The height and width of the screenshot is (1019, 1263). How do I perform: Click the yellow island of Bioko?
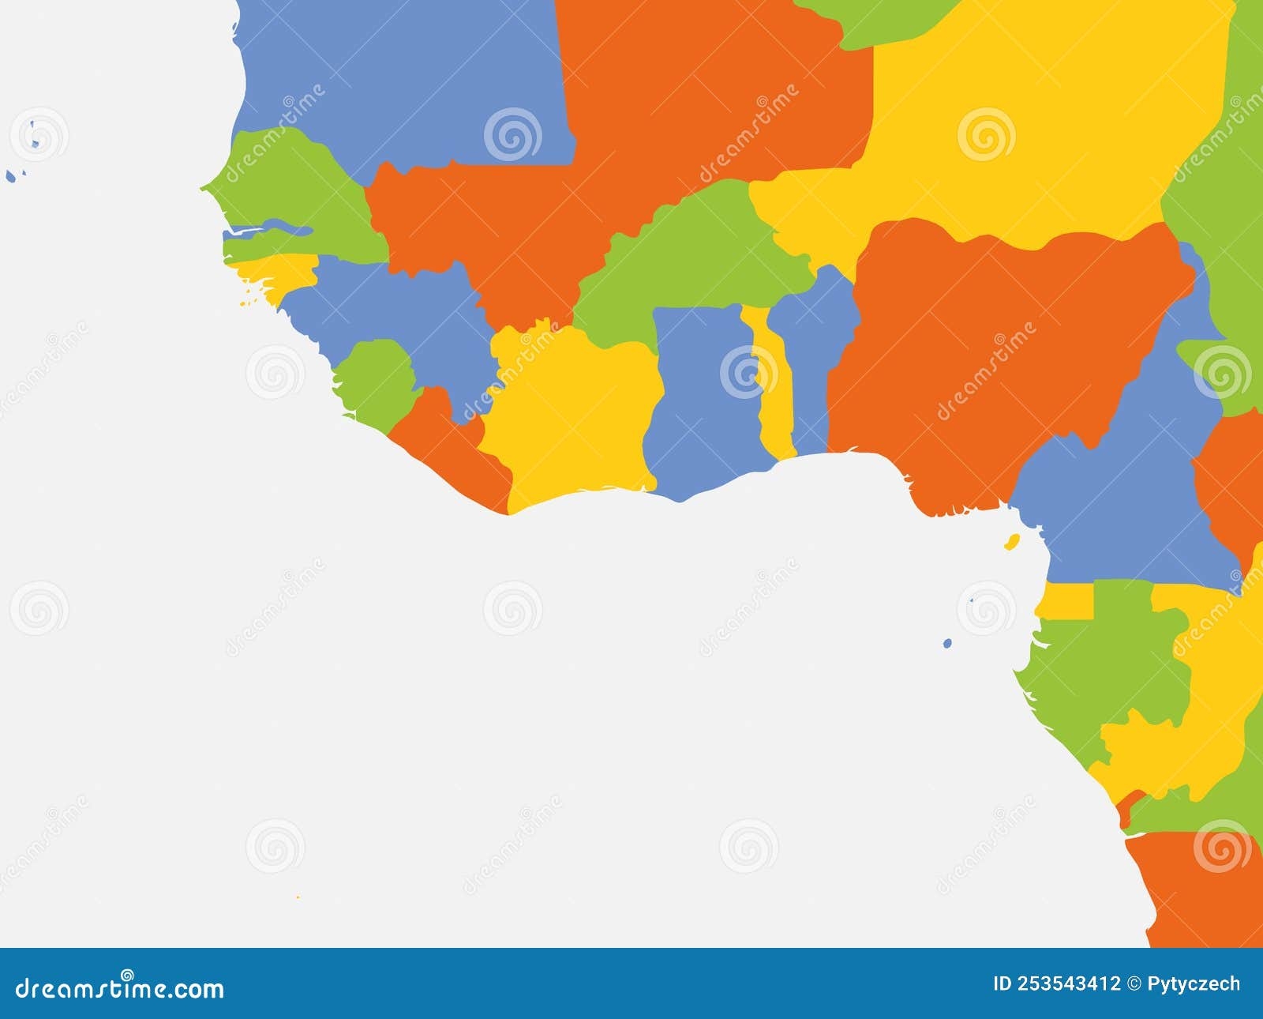(x=1010, y=543)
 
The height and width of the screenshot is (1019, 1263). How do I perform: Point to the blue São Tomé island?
(x=947, y=644)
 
